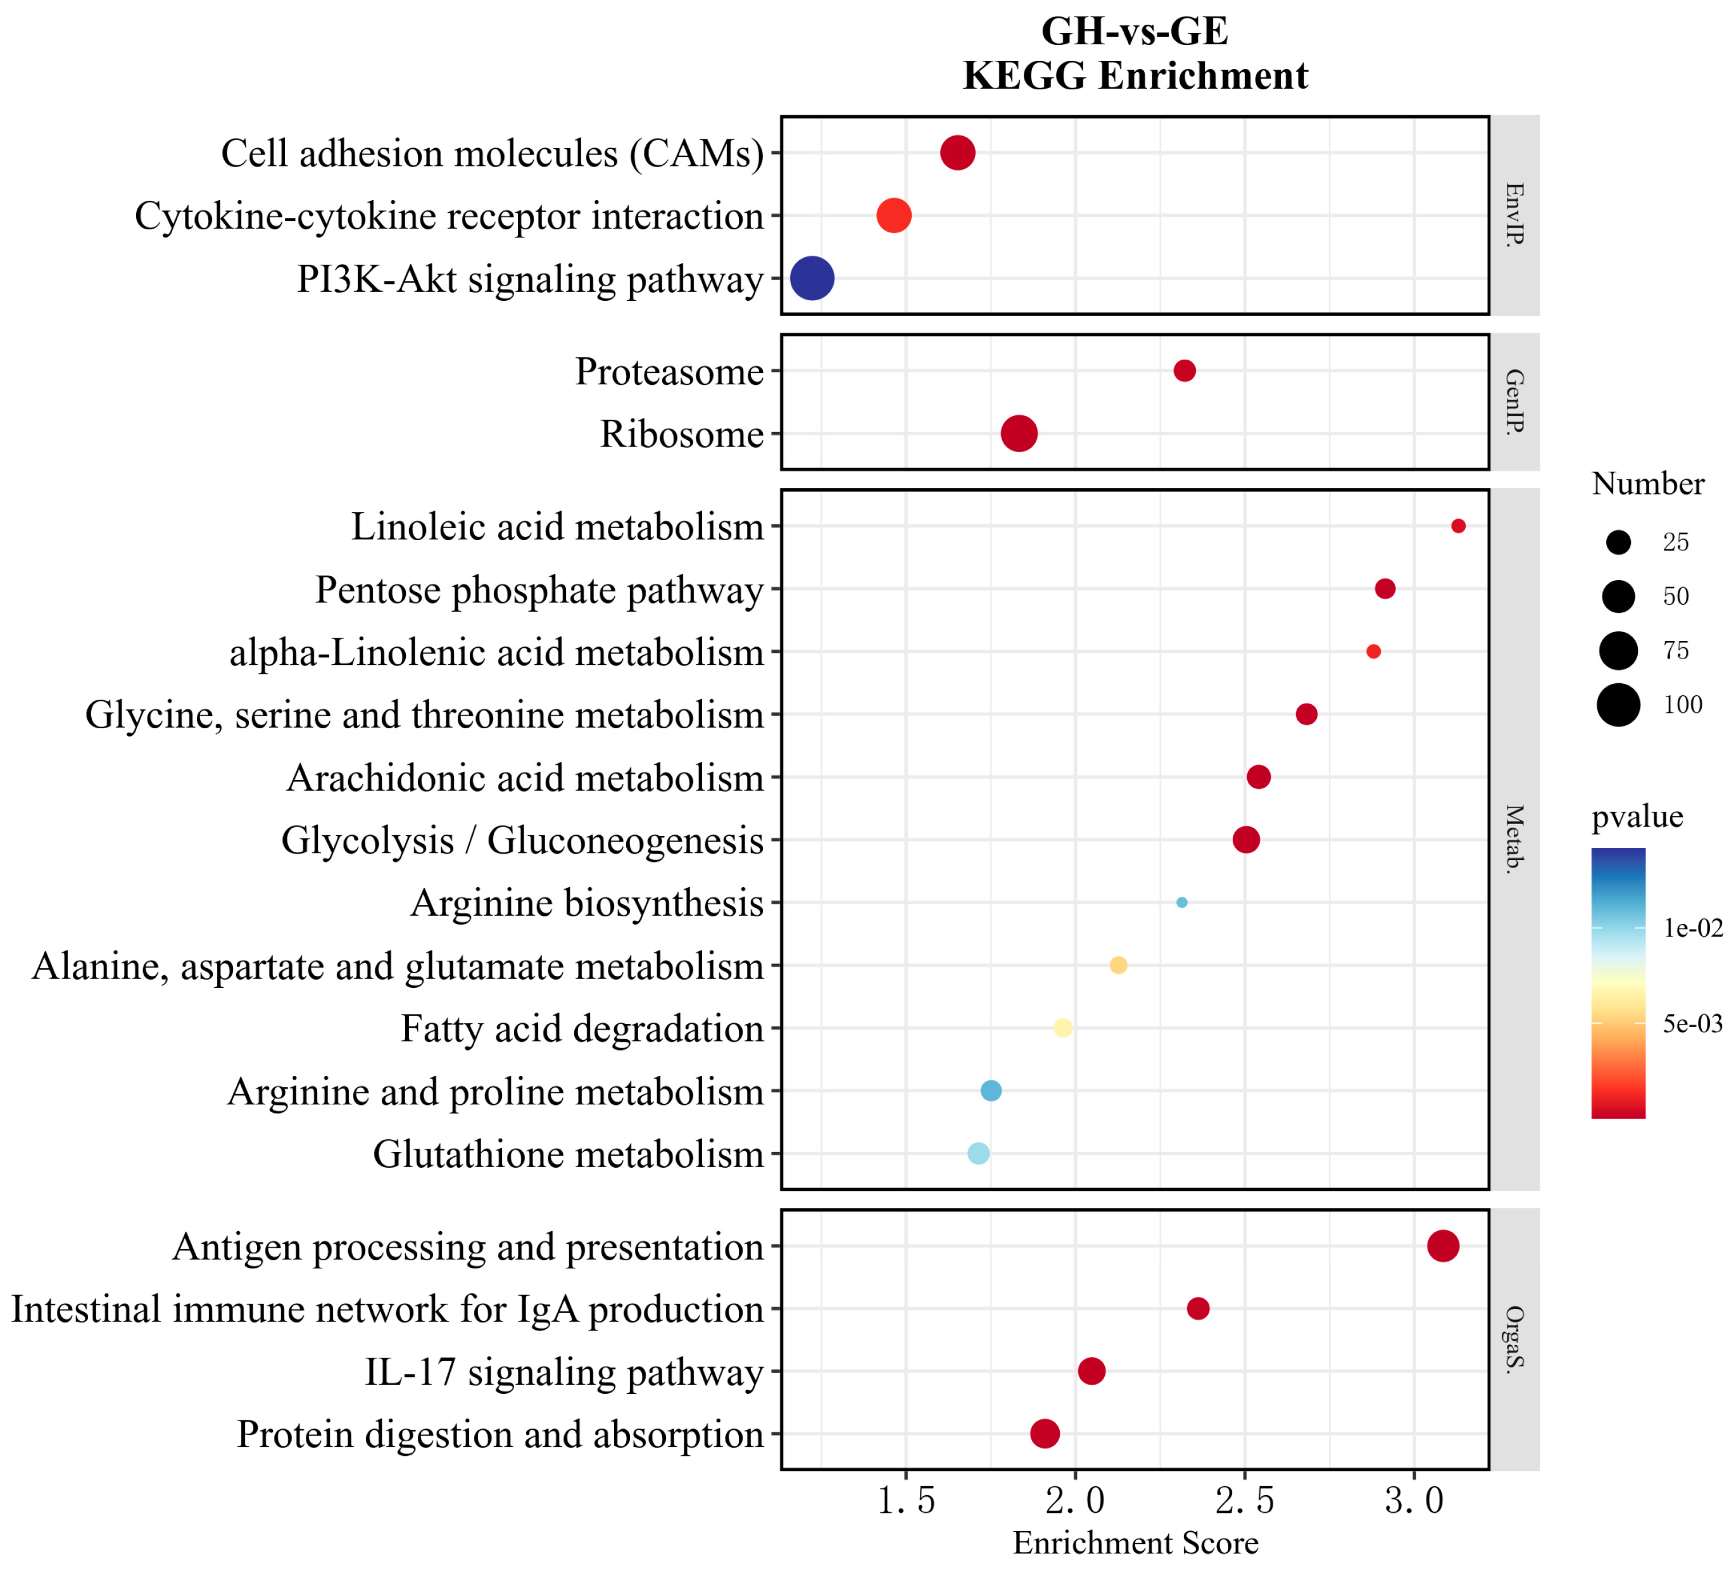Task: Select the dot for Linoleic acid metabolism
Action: [1458, 526]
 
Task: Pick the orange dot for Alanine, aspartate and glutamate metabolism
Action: [1117, 965]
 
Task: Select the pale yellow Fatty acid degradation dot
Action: [1062, 1028]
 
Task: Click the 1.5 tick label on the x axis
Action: [906, 1501]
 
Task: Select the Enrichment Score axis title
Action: [1135, 1542]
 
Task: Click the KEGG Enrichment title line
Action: [1135, 76]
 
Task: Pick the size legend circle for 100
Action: [1619, 705]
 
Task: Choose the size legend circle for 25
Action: [1619, 542]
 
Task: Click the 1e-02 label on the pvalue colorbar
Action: [1693, 928]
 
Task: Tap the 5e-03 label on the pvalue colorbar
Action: [1693, 1023]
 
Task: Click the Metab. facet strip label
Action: [1514, 839]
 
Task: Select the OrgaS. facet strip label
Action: [1514, 1339]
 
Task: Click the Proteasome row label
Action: [669, 371]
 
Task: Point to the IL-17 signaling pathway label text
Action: [564, 1372]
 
